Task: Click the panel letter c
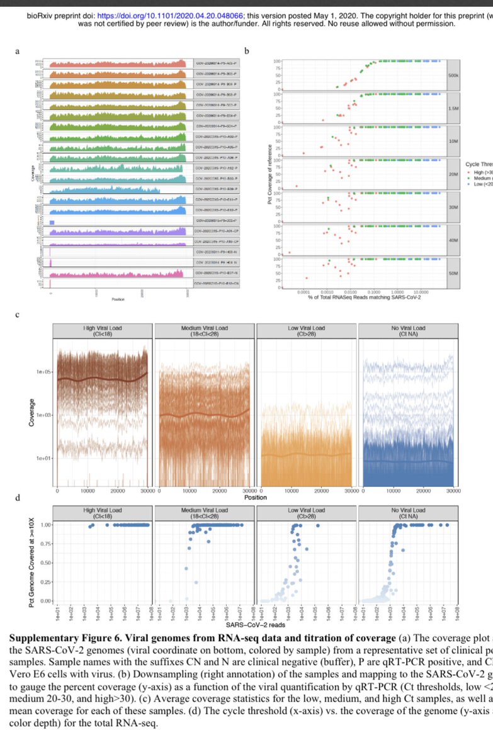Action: (x=17, y=314)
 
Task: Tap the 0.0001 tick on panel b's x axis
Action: (x=303, y=293)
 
